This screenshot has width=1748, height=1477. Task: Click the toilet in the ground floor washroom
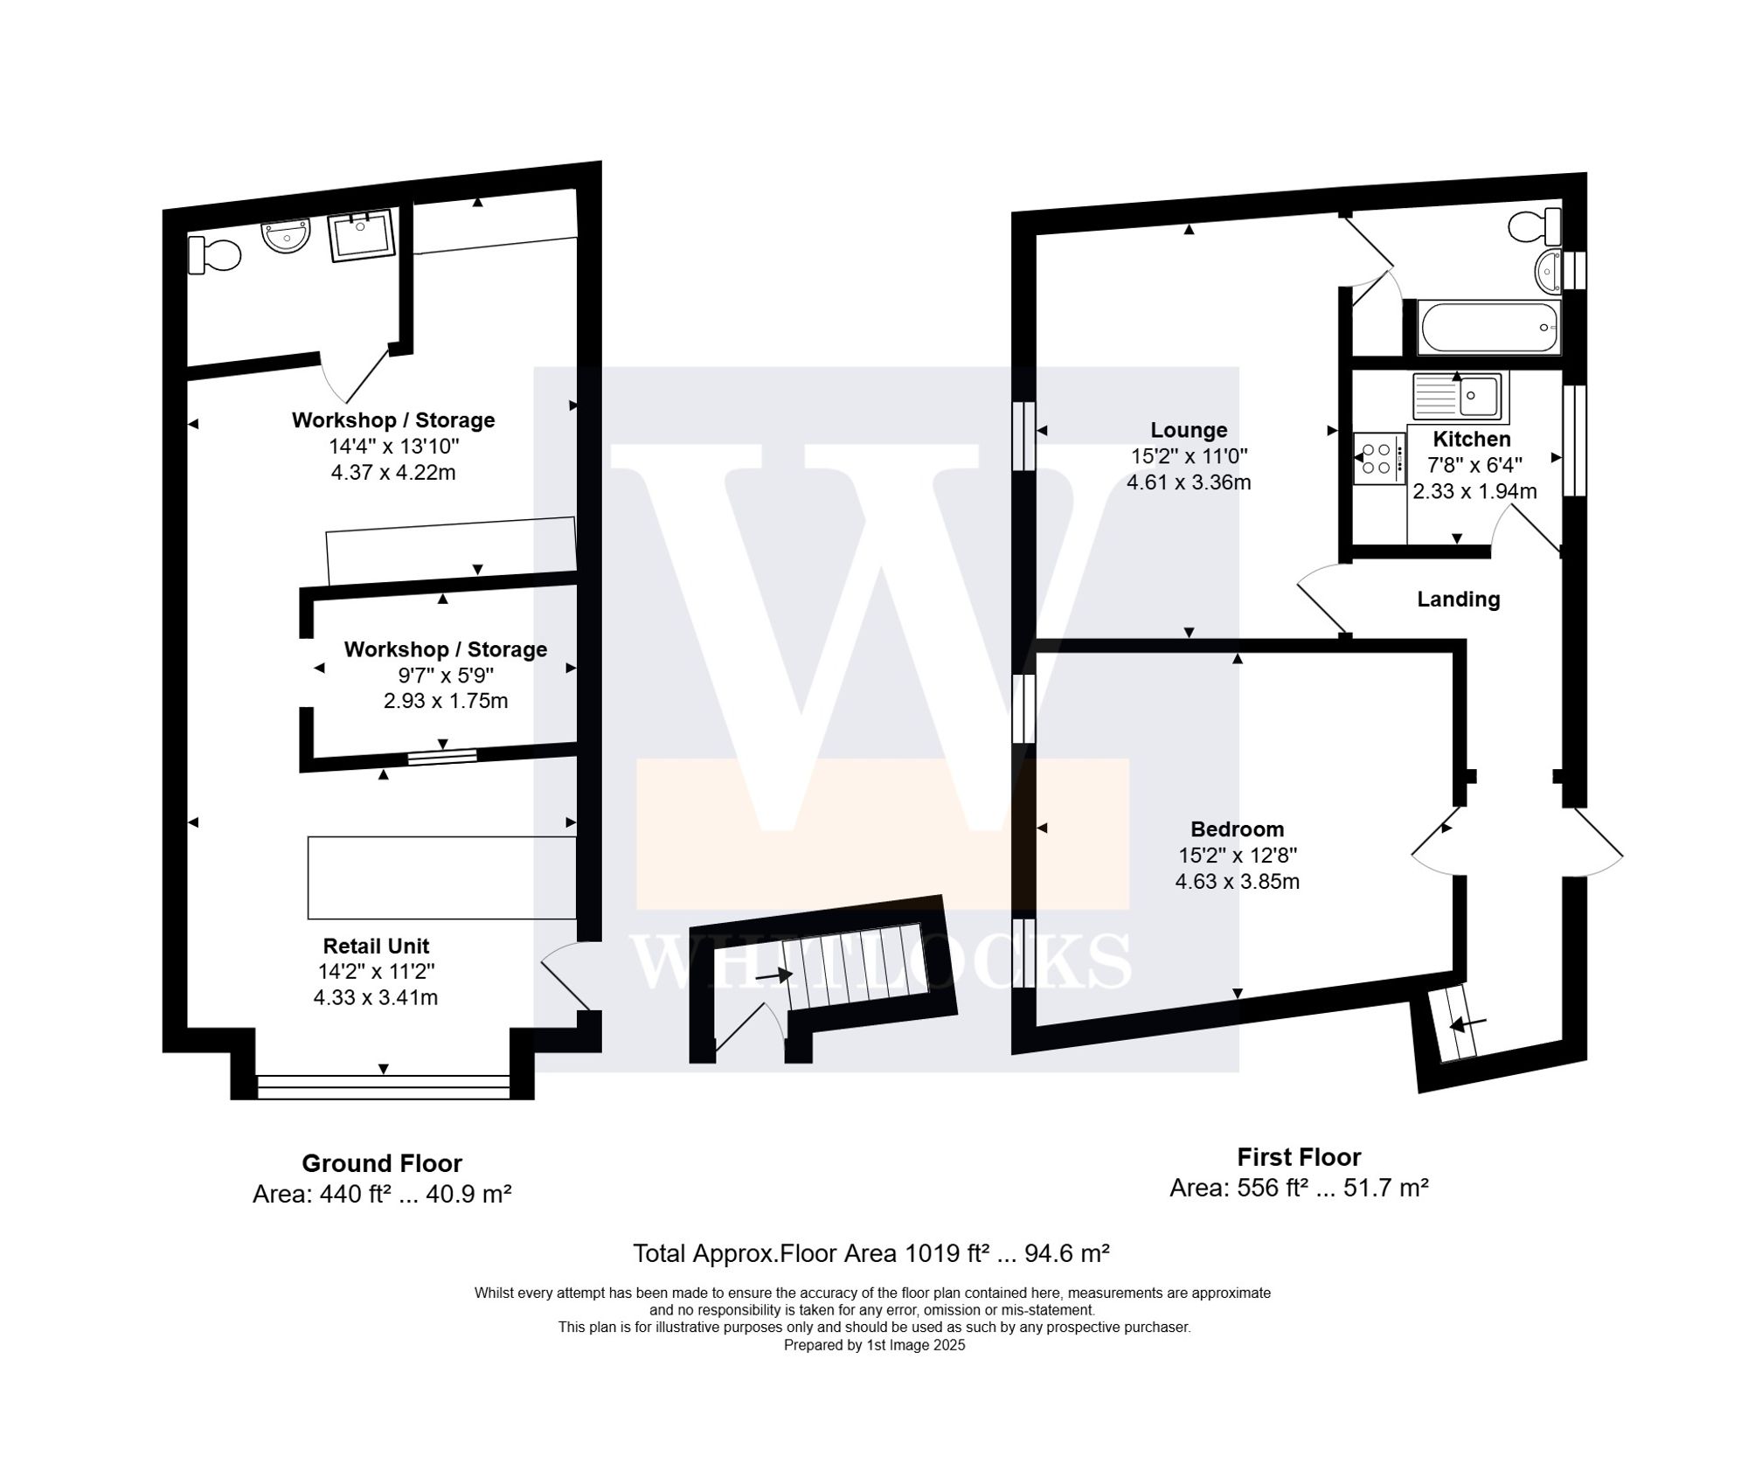tap(214, 255)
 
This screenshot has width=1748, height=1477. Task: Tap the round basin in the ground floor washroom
tap(286, 235)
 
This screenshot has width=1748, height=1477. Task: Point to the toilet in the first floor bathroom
tap(1536, 226)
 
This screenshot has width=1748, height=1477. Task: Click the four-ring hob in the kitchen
tap(1377, 459)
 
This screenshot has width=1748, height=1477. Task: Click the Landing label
tap(1458, 599)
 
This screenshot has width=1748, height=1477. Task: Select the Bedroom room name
tap(1237, 829)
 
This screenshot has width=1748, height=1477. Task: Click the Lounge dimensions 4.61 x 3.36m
tap(1188, 482)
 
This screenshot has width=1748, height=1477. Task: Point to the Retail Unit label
tap(376, 946)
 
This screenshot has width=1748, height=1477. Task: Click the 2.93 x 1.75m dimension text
tap(445, 701)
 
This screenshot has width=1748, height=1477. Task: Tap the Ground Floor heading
tap(382, 1163)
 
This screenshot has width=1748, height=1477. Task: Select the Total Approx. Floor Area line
tap(871, 1253)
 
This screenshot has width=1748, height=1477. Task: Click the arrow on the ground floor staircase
tap(773, 974)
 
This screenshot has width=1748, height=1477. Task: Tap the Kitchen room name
tap(1471, 439)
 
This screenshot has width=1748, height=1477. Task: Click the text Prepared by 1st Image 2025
tap(874, 1345)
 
